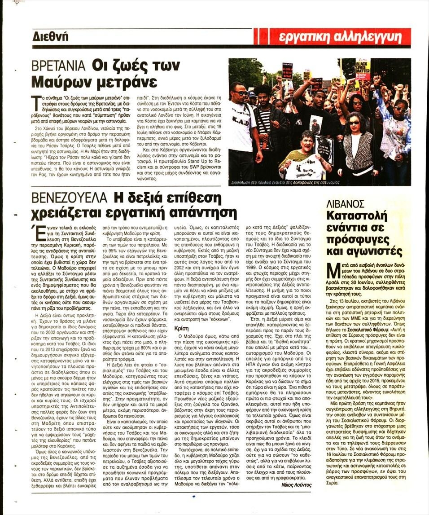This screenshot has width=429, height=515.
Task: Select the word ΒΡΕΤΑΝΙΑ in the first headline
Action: (x=59, y=66)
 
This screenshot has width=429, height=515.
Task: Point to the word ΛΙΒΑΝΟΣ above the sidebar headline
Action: (x=345, y=204)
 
